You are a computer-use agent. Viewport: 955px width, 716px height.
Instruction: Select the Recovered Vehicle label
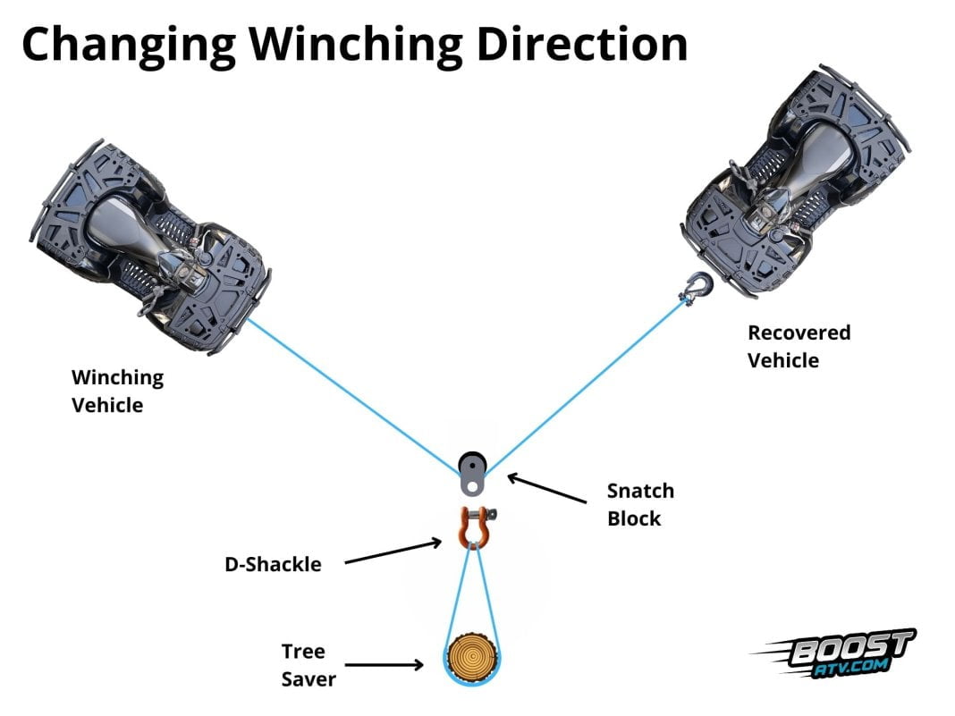click(799, 346)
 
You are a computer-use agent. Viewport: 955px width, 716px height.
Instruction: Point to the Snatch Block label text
click(639, 504)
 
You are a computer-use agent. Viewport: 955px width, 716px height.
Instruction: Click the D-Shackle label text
click(273, 564)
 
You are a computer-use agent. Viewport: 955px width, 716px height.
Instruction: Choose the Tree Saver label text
click(308, 665)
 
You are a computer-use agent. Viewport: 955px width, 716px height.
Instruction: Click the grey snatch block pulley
click(471, 473)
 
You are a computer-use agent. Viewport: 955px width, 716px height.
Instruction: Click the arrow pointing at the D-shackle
click(393, 552)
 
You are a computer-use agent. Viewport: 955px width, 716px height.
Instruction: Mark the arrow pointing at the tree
click(385, 664)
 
